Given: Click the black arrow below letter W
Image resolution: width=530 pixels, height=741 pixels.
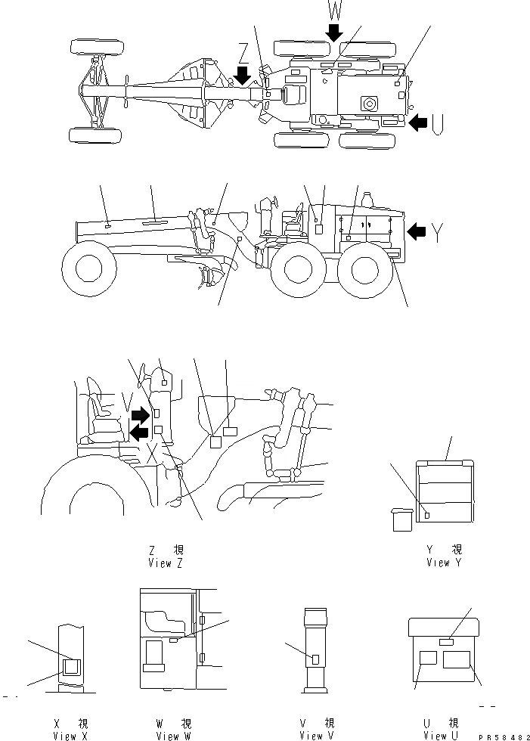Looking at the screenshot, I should click(334, 31).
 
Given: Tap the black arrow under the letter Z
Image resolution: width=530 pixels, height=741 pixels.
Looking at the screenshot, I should click(242, 75).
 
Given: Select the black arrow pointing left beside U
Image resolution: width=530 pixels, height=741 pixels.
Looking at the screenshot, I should click(417, 122).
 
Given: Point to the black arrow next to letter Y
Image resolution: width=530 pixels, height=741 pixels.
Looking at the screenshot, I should click(417, 231).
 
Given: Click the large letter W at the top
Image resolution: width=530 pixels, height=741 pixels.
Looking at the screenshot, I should click(334, 10).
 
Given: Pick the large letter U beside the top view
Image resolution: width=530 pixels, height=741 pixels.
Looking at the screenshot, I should click(439, 123).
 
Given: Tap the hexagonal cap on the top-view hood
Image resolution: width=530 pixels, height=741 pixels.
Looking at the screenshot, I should click(370, 102).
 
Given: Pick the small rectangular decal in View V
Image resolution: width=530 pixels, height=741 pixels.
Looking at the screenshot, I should click(315, 659).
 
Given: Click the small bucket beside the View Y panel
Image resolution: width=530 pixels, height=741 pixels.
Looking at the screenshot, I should click(401, 520).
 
